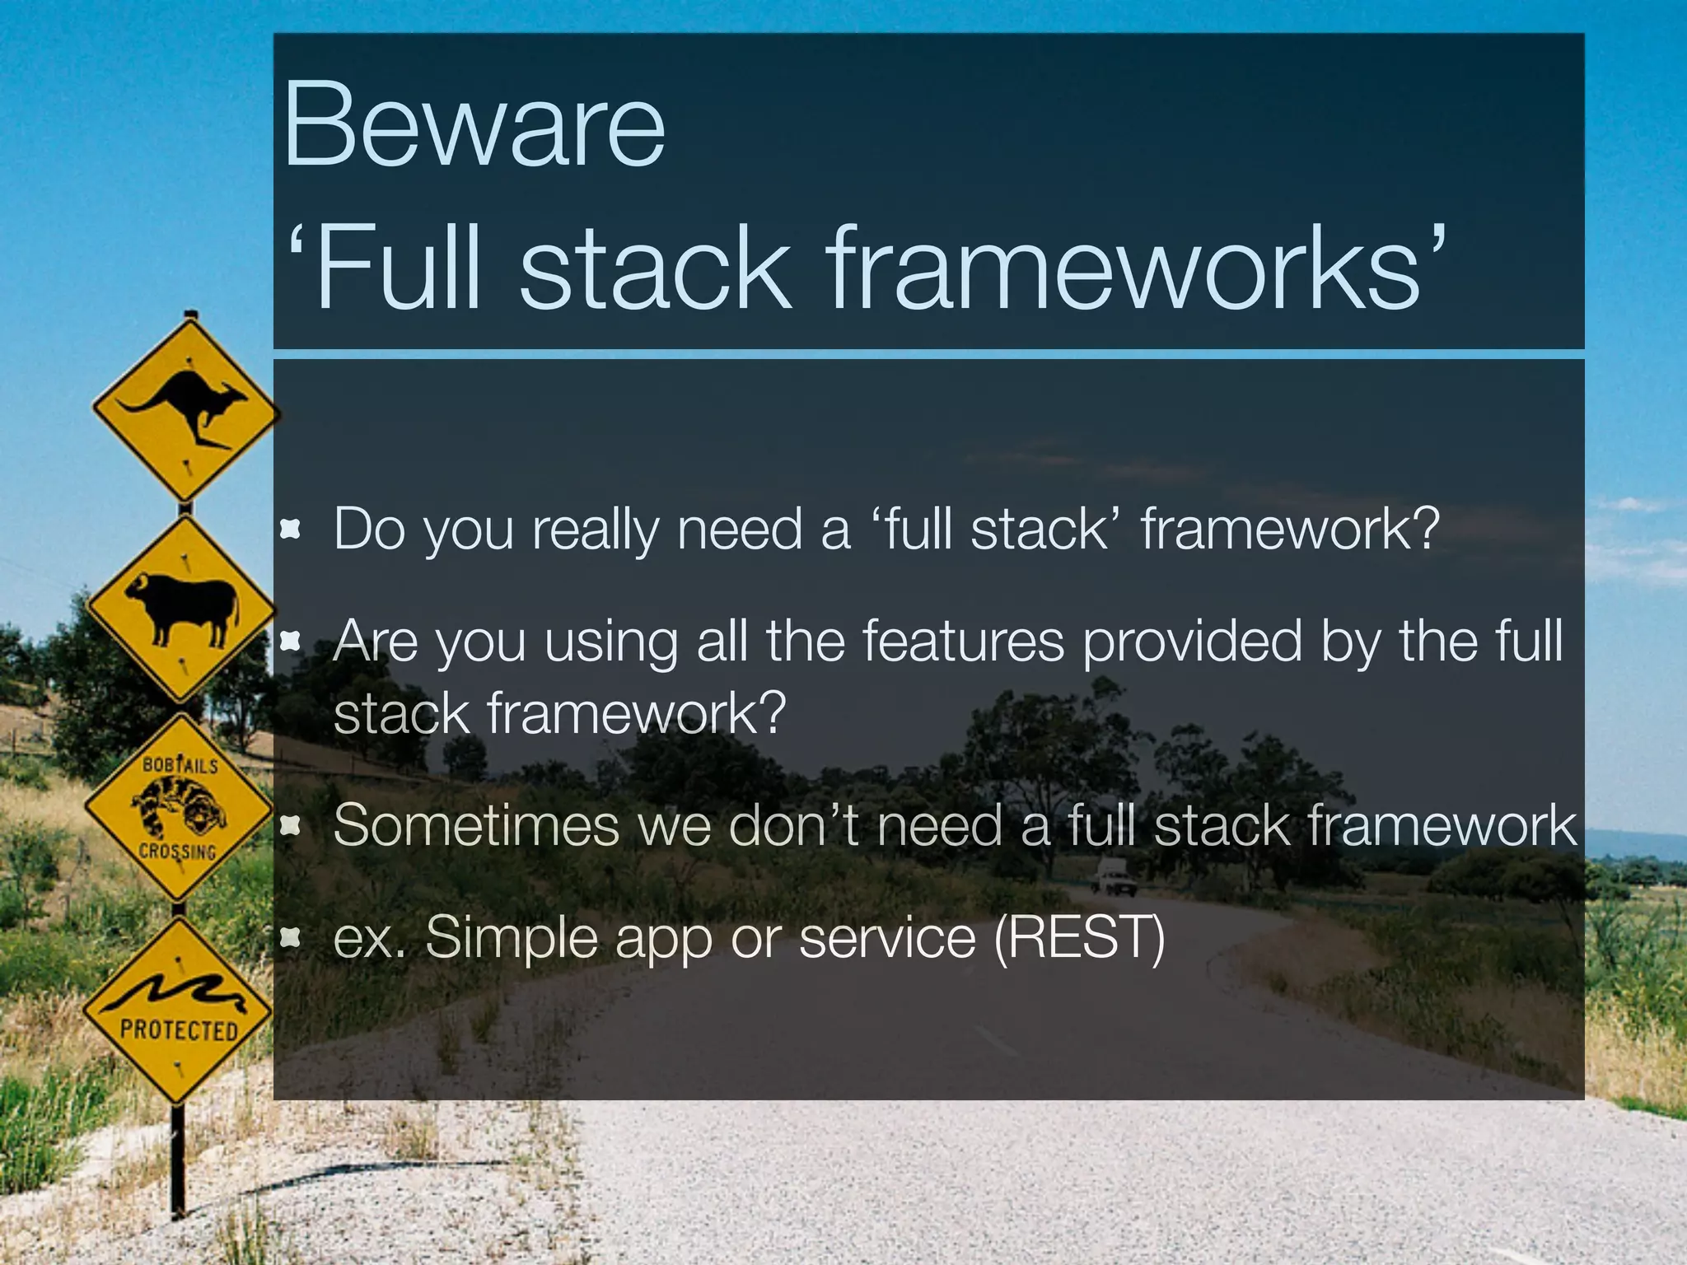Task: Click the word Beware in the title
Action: tap(474, 126)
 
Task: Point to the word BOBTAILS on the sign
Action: tap(180, 765)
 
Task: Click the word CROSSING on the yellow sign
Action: tap(177, 851)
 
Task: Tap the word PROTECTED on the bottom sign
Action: tap(179, 1029)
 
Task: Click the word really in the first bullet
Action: tap(595, 529)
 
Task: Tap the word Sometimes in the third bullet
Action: tap(476, 824)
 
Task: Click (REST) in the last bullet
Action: tap(1079, 937)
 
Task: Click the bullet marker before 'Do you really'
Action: tap(289, 529)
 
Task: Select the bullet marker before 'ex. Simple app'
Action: tap(289, 937)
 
